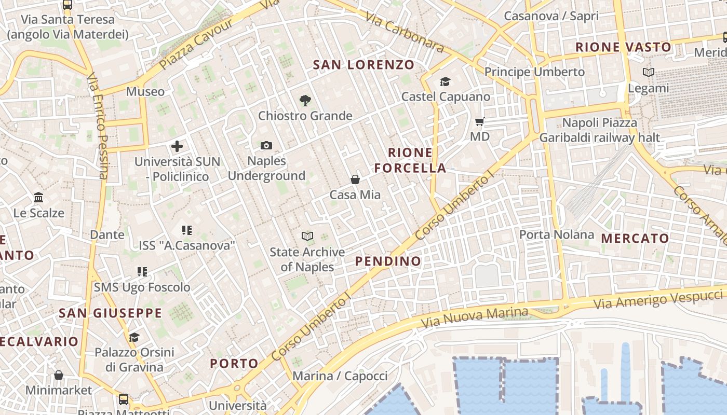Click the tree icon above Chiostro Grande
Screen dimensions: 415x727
click(305, 101)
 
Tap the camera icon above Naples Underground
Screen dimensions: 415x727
click(266, 146)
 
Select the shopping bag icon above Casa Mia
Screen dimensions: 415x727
click(355, 180)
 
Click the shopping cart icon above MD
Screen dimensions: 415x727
click(480, 122)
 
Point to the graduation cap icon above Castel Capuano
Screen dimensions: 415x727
click(445, 82)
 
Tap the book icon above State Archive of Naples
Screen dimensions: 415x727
click(307, 237)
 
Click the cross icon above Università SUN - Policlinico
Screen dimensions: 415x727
click(177, 146)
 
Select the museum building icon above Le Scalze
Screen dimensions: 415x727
click(38, 198)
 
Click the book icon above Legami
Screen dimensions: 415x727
click(648, 73)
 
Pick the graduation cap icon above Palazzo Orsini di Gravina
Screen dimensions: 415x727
click(134, 338)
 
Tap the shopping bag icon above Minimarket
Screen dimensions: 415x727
click(59, 375)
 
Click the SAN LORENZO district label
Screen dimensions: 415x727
click(363, 65)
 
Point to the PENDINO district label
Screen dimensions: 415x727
click(388, 261)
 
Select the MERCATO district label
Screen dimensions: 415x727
click(635, 239)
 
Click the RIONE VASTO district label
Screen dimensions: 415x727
click(623, 47)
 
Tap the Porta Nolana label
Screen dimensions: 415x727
click(557, 234)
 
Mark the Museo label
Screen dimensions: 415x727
click(145, 92)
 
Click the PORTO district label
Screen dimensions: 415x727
click(234, 363)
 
